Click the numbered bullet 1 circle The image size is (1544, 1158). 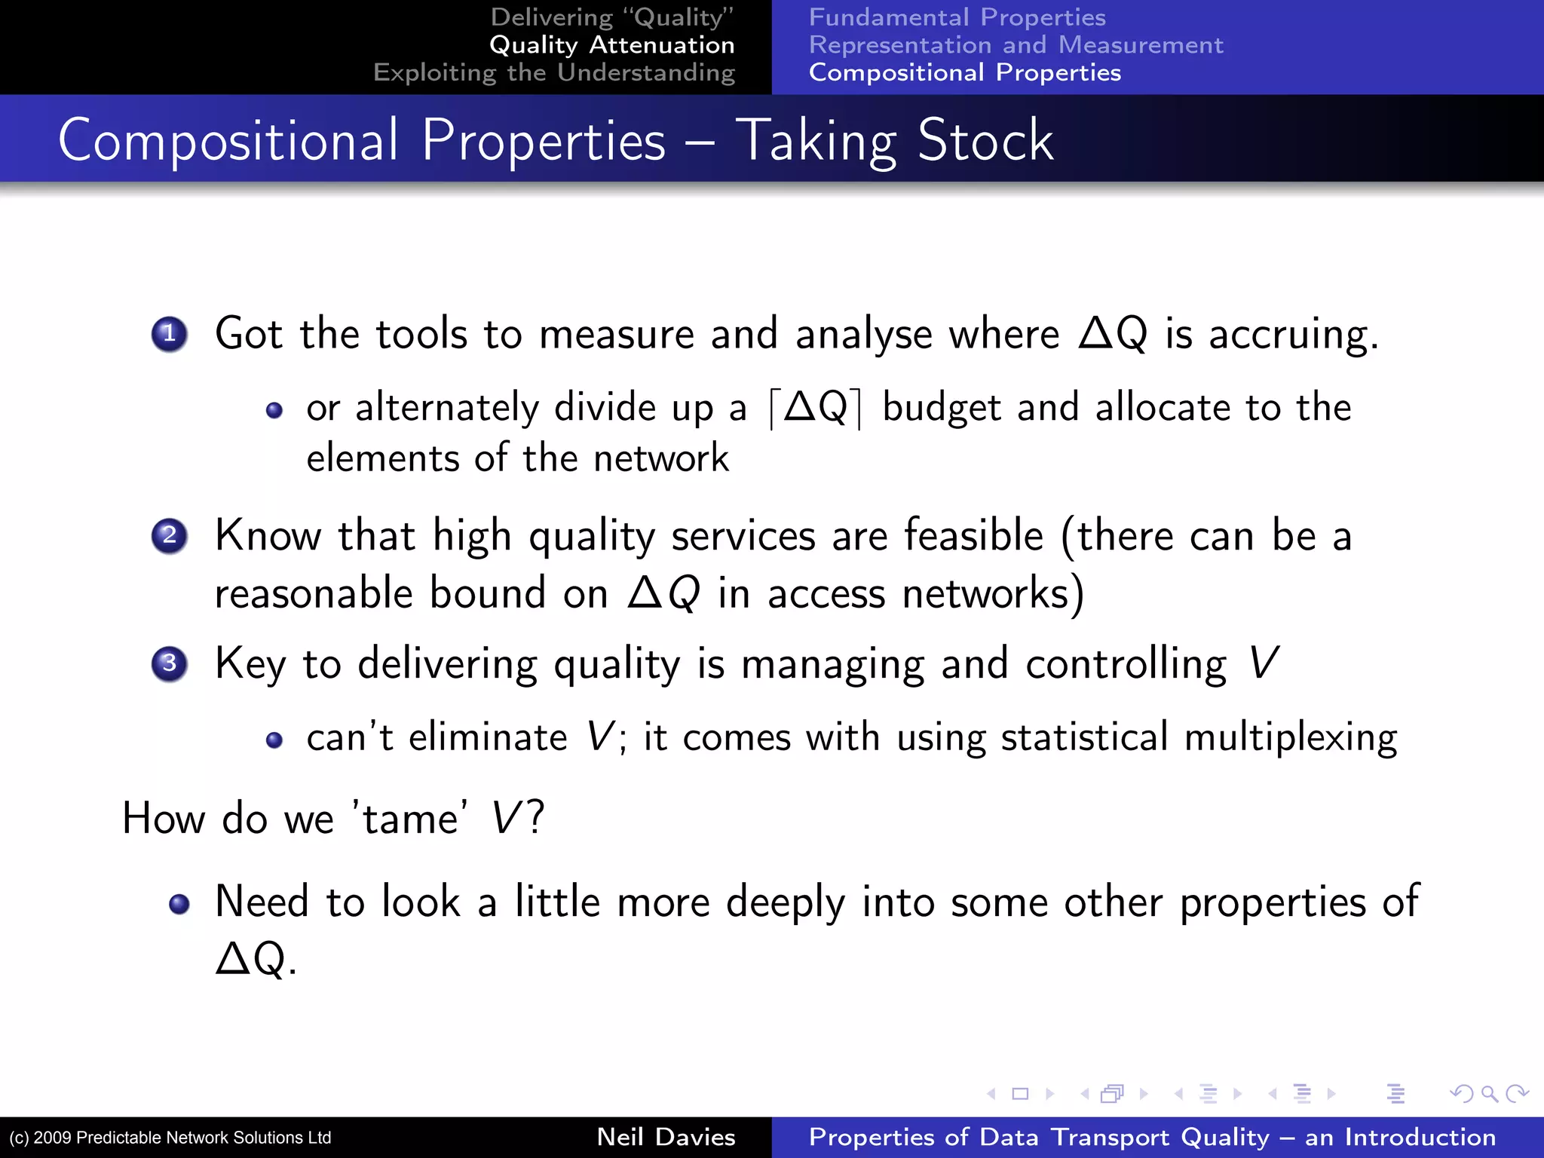[x=170, y=334]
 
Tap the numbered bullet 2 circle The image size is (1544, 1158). [x=170, y=536]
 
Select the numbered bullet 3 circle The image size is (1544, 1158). [x=170, y=664]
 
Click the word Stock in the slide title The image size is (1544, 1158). [x=985, y=140]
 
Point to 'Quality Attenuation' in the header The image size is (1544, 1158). [x=611, y=45]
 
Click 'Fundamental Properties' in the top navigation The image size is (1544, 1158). [x=957, y=17]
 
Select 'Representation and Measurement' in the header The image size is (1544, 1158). [x=1016, y=45]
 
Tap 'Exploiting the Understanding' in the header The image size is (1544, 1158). [x=554, y=73]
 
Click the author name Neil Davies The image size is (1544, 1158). [x=666, y=1137]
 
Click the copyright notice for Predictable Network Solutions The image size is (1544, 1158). [x=170, y=1138]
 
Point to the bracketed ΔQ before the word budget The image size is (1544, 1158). [x=816, y=408]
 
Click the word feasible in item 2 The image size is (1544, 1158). [x=973, y=536]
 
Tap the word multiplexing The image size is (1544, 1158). [x=1290, y=738]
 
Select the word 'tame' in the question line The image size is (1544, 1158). [x=409, y=819]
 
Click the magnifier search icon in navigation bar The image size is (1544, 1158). [x=1489, y=1093]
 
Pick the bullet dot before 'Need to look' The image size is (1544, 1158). [x=179, y=903]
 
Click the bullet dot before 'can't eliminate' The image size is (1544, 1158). [x=274, y=740]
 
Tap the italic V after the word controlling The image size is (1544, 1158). [x=1263, y=664]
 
